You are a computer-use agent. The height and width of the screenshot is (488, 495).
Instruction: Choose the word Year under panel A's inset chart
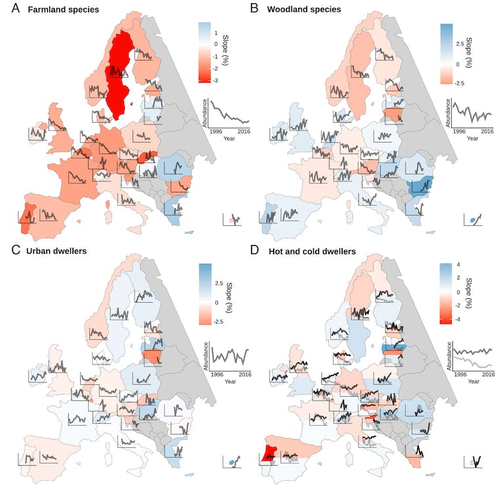[x=229, y=139]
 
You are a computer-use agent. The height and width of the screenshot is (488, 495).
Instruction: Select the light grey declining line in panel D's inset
[x=473, y=363]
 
